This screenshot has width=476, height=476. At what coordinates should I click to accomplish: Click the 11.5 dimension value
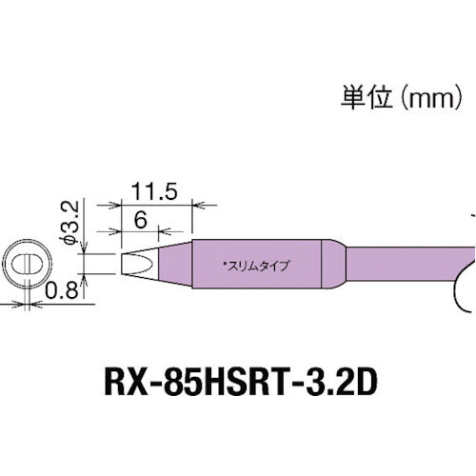(158, 190)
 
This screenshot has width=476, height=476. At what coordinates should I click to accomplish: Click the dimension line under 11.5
(158, 204)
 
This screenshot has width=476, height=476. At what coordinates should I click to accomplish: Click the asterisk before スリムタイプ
(223, 263)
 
